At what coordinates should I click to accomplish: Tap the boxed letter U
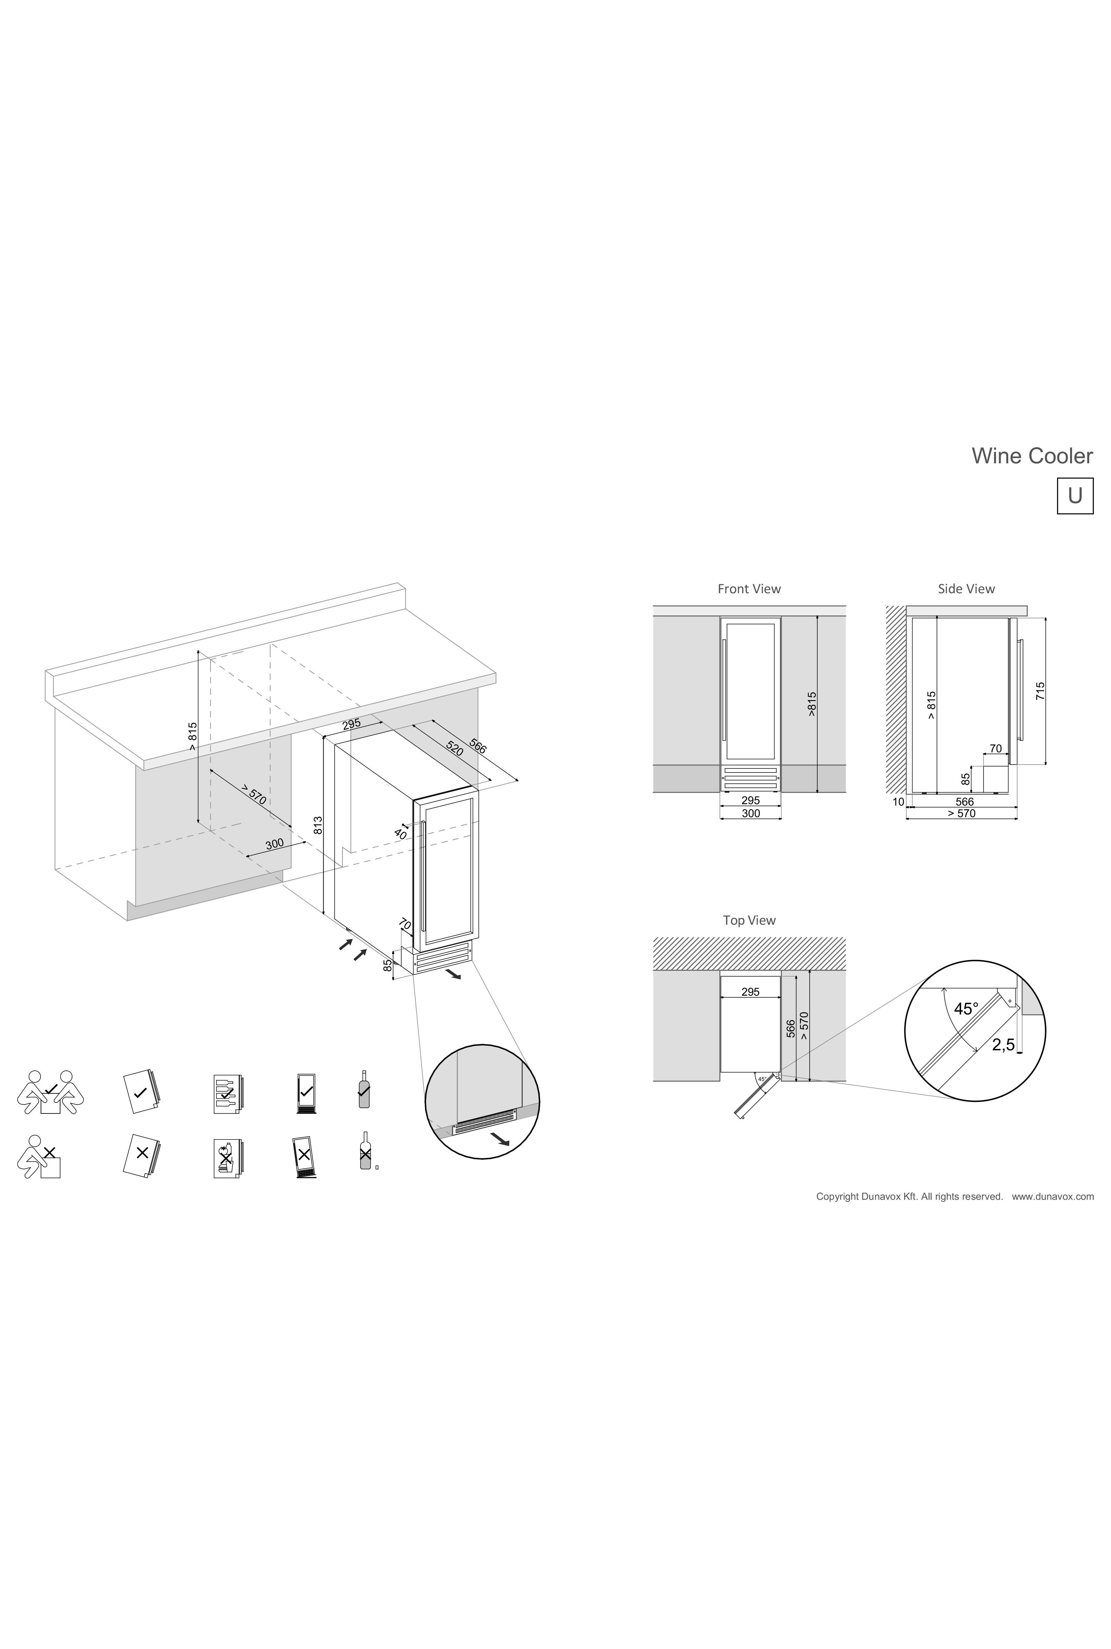coord(1075,496)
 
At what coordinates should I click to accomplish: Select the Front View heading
coord(749,588)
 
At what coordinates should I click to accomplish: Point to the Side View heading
coord(966,588)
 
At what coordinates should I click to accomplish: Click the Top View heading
coord(749,920)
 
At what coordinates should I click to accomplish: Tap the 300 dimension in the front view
coord(750,813)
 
